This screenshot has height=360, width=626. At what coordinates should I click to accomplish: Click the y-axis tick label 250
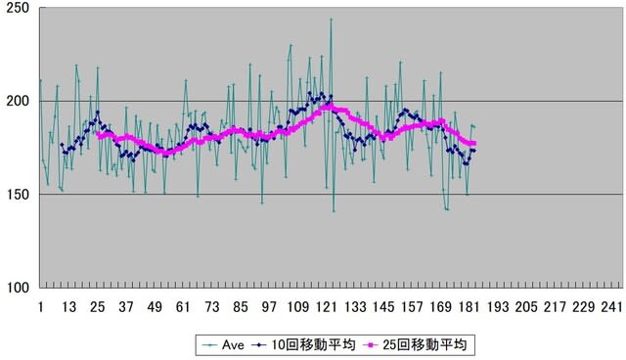click(19, 9)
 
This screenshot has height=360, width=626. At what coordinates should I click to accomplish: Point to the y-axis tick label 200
click(19, 102)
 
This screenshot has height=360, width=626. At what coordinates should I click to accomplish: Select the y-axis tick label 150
click(19, 195)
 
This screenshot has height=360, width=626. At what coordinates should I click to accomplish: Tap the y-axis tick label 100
click(19, 288)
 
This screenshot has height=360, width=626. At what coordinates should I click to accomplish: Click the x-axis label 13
click(68, 307)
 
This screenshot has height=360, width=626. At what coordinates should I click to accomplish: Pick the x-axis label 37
click(126, 307)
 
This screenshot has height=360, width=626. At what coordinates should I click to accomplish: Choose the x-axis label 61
click(183, 307)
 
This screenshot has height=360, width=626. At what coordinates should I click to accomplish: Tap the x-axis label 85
click(241, 307)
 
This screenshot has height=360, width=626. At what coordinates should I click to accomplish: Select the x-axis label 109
click(297, 307)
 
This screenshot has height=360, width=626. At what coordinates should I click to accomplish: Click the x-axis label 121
click(327, 307)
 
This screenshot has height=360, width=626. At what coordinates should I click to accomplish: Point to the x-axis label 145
click(383, 307)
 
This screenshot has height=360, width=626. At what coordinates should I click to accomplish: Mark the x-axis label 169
click(441, 307)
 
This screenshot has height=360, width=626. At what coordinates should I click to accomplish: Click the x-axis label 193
click(498, 307)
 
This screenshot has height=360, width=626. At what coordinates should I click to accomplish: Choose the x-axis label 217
click(556, 307)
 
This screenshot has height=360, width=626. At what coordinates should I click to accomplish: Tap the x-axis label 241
click(612, 307)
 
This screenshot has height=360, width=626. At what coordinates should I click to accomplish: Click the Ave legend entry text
click(233, 344)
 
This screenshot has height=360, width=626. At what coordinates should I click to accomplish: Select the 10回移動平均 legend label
click(313, 344)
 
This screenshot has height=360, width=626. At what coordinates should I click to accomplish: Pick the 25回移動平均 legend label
click(425, 344)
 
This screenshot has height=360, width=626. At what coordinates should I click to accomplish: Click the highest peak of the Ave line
click(331, 19)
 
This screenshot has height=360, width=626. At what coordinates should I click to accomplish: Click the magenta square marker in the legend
click(372, 345)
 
